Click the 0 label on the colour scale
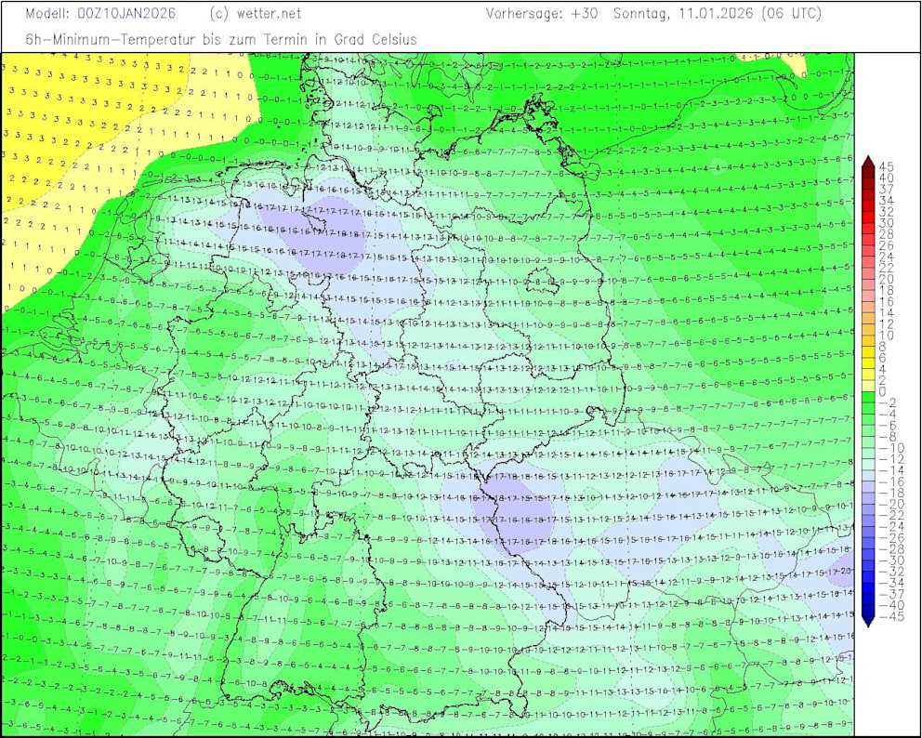(x=882, y=391)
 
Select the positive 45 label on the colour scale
(x=886, y=166)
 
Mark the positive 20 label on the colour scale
(x=886, y=279)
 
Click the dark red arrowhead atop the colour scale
(x=868, y=165)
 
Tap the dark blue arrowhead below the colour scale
(x=868, y=618)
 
